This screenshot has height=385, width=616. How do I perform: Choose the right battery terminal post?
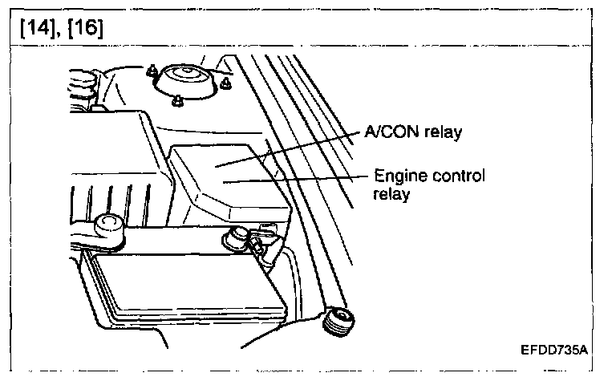click(237, 237)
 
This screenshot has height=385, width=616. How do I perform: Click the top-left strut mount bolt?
click(150, 71)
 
